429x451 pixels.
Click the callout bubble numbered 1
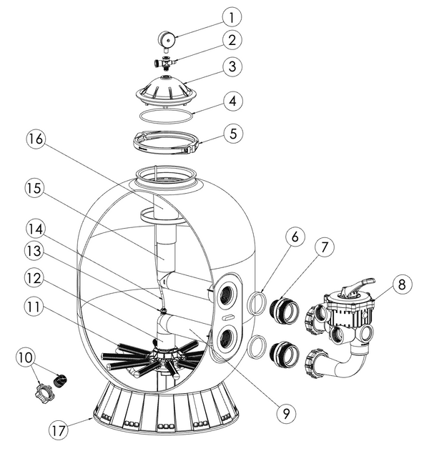(x=232, y=16)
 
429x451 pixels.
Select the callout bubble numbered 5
(x=233, y=134)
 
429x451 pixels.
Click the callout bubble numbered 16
(x=36, y=139)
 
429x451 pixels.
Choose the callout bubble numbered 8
(x=402, y=284)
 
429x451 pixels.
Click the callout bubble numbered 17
(x=59, y=430)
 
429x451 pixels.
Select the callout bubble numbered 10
(x=26, y=358)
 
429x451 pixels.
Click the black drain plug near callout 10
(x=60, y=380)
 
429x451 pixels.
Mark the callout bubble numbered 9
(x=286, y=413)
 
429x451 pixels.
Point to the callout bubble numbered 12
(x=34, y=279)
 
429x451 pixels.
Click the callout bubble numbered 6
(x=295, y=237)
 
